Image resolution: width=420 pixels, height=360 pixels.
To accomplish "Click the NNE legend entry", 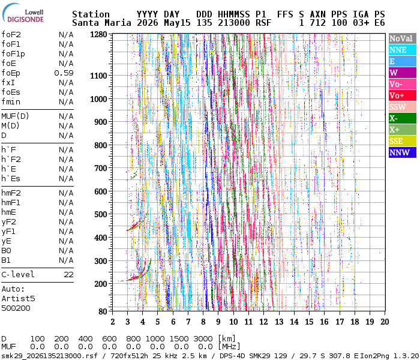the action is [x=403, y=50].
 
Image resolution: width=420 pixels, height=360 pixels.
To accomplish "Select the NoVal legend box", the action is [x=403, y=38].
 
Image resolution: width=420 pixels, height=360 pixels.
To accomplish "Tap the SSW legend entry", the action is [x=403, y=107].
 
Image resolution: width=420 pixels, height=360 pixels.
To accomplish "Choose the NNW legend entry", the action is [x=403, y=152].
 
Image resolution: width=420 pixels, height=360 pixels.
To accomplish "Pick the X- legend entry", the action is [x=403, y=118].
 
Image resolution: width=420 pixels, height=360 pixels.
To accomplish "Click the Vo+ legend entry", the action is [x=403, y=95].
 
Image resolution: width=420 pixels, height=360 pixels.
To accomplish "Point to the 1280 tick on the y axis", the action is [x=98, y=35].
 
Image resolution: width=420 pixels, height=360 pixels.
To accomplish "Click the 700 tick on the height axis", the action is [x=100, y=168].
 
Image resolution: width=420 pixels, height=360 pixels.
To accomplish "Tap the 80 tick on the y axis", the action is [x=103, y=311].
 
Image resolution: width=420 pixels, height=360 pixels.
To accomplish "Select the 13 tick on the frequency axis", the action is [x=279, y=322].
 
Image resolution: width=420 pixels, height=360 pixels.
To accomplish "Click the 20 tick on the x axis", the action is [x=385, y=322].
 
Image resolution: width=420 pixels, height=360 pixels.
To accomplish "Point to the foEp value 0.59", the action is [x=64, y=73].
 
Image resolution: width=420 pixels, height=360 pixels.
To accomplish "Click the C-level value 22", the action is [x=68, y=275].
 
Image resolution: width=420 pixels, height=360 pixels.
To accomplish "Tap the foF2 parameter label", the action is [x=11, y=35].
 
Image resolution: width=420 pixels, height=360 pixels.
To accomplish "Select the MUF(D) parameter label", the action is [x=15, y=116].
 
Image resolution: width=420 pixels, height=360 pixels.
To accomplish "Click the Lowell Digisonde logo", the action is [x=23, y=13].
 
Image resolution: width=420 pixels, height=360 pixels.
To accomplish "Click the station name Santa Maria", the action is [x=101, y=23].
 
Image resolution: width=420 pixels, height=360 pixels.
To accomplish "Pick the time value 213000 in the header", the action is [x=234, y=23].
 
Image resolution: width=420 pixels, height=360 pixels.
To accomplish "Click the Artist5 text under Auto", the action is [x=18, y=299].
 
